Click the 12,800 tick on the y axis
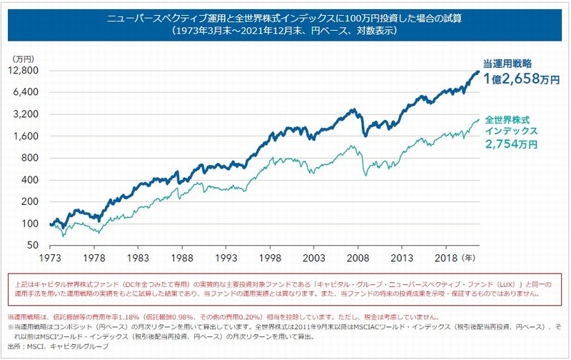tap(24, 71)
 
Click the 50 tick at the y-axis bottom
tap(32, 245)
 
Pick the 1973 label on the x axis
tap(49, 256)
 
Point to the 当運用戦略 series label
tap(509, 64)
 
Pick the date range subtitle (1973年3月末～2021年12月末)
tap(285, 31)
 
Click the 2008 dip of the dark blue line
tap(365, 134)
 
